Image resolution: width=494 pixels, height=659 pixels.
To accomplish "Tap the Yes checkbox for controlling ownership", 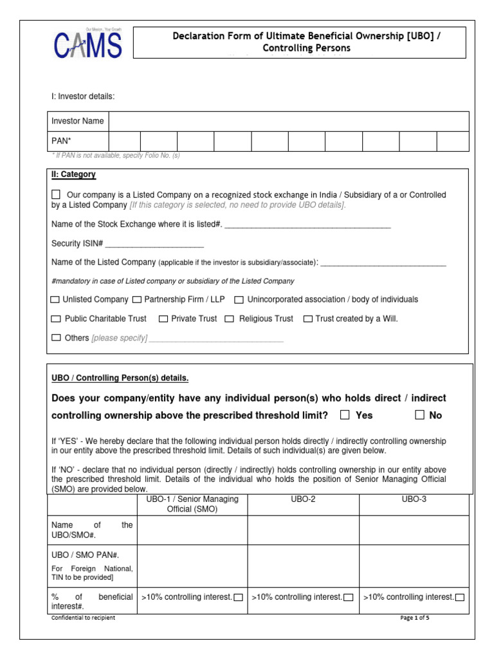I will click(345, 415).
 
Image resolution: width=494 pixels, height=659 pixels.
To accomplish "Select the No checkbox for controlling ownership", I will click(420, 415).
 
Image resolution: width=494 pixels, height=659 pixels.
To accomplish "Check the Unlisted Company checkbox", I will click(55, 300).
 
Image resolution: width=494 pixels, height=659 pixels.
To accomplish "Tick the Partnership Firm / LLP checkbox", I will click(137, 300).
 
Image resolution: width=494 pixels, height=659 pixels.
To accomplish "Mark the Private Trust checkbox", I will click(163, 319).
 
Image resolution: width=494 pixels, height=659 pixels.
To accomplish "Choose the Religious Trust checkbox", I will click(230, 319).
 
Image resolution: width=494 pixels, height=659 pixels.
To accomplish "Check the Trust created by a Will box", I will click(308, 319).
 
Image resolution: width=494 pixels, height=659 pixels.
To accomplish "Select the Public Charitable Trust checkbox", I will click(55, 319).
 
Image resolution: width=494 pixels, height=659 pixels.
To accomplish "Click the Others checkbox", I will click(55, 338).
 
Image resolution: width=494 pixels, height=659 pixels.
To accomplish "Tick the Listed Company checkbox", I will click(56, 194).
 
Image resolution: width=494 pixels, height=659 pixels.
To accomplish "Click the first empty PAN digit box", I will click(124, 141).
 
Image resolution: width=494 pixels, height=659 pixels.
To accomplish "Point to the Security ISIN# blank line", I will click(154, 245).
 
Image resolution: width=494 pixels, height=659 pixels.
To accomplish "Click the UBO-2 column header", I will click(303, 499).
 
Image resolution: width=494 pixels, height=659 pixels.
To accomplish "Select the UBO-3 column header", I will click(414, 499).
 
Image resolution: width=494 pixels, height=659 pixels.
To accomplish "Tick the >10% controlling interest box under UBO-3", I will click(459, 598).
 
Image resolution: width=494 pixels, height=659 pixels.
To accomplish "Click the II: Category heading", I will click(73, 174).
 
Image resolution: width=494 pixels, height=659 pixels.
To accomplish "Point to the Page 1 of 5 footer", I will click(415, 618).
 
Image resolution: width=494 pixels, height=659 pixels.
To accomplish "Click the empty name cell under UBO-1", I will click(192, 530).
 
